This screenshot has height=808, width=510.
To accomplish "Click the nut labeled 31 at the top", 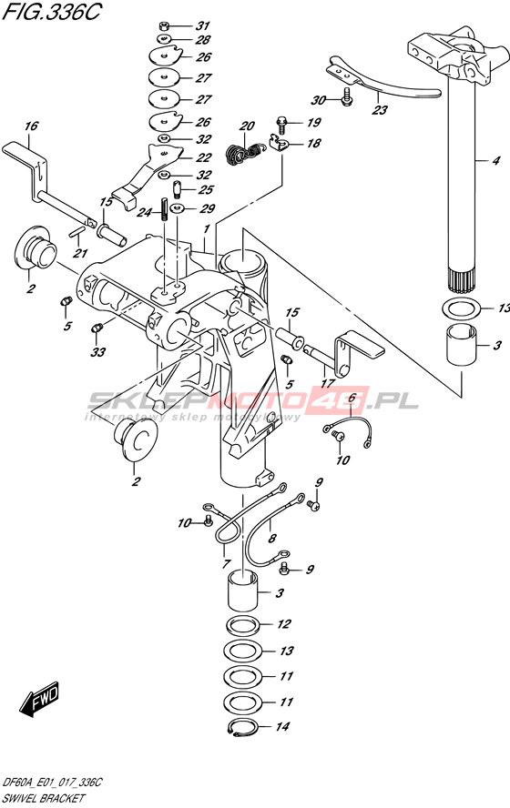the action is pyautogui.click(x=163, y=25).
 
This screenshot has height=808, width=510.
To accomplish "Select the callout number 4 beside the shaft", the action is pyautogui.click(x=495, y=161).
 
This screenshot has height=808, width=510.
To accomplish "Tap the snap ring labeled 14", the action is pyautogui.click(x=240, y=727).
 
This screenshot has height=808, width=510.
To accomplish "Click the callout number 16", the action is pyautogui.click(x=31, y=126).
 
